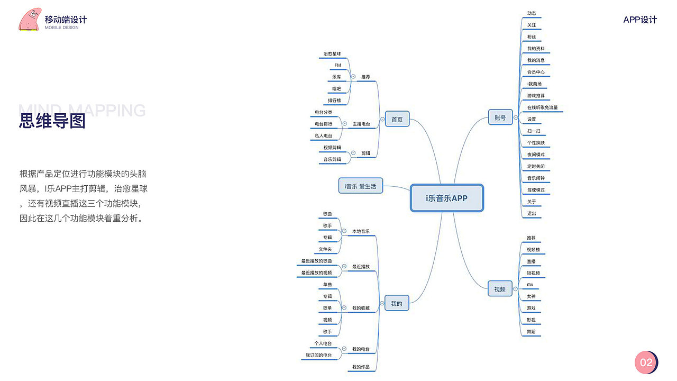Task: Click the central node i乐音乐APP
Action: [x=447, y=198]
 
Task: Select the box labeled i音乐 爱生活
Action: [x=360, y=186]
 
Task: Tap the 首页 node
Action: [x=397, y=120]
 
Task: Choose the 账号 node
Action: [x=500, y=117]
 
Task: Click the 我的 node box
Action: [x=397, y=303]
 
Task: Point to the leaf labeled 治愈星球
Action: [x=332, y=54]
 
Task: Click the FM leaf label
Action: [x=337, y=66]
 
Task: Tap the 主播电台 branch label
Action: [x=361, y=124]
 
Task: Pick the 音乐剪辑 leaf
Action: [x=332, y=159]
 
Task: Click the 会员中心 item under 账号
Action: [x=536, y=72]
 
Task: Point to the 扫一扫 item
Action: [x=534, y=131]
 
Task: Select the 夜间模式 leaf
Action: [x=536, y=155]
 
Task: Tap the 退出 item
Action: [x=532, y=214]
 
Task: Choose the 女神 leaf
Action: [x=531, y=296]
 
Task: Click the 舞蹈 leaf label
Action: [x=531, y=332]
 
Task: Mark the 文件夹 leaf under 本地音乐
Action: [x=325, y=249]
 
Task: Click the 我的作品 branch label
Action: [x=361, y=367]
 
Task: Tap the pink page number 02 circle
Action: [x=646, y=362]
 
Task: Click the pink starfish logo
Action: [x=30, y=19]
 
